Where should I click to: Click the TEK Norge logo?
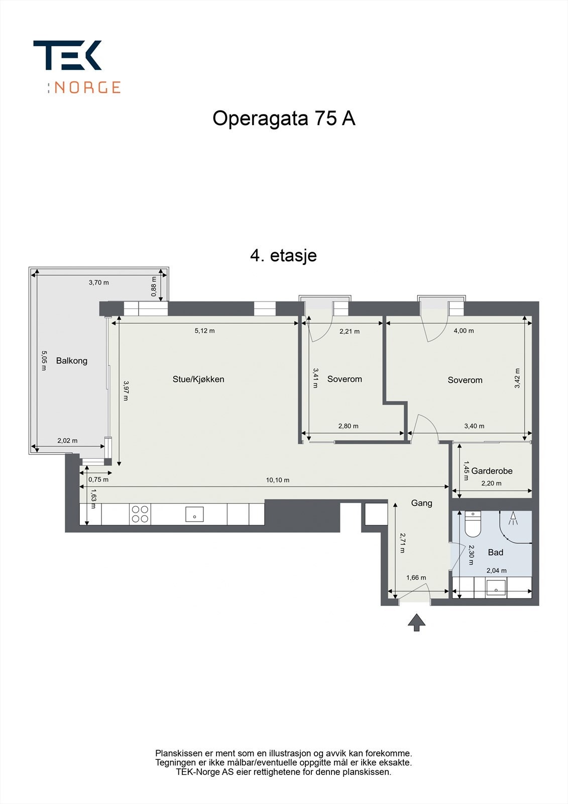pos(76,67)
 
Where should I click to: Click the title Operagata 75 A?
pos(284,119)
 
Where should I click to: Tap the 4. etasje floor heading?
pos(283,255)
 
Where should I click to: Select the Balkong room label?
pos(71,361)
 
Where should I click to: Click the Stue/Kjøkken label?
pos(198,379)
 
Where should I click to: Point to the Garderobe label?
pos(492,471)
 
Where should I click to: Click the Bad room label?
pos(495,552)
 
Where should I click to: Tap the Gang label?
pos(421,503)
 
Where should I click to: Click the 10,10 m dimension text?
pos(278,480)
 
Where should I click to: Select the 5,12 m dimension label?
pos(204,331)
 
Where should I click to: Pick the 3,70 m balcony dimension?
pos(99,282)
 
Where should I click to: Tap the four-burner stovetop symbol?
pos(140,514)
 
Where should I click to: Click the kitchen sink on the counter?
pos(194,515)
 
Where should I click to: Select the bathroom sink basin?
pos(496,587)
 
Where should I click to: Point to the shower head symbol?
pos(513,518)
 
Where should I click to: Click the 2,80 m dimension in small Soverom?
pos(348,426)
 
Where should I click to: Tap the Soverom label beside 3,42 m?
pos(465,380)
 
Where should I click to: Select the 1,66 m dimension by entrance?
pos(416,578)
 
